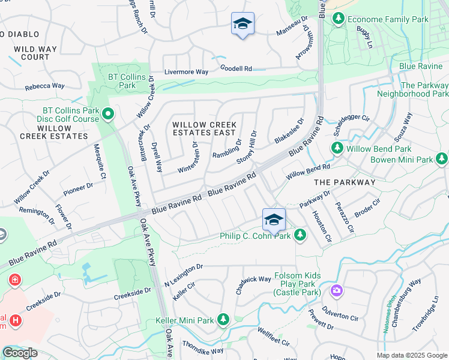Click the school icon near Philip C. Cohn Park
tap(274, 220)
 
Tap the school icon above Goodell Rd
tap(243, 24)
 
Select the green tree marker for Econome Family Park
tap(339, 19)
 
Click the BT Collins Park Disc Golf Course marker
tap(108, 113)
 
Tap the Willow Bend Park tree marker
tap(337, 148)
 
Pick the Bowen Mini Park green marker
tap(442, 159)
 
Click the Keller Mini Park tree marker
tap(223, 319)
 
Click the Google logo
tap(19, 353)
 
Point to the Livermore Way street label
tap(186, 72)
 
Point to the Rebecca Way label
tap(44, 86)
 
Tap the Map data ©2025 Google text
tap(412, 355)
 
